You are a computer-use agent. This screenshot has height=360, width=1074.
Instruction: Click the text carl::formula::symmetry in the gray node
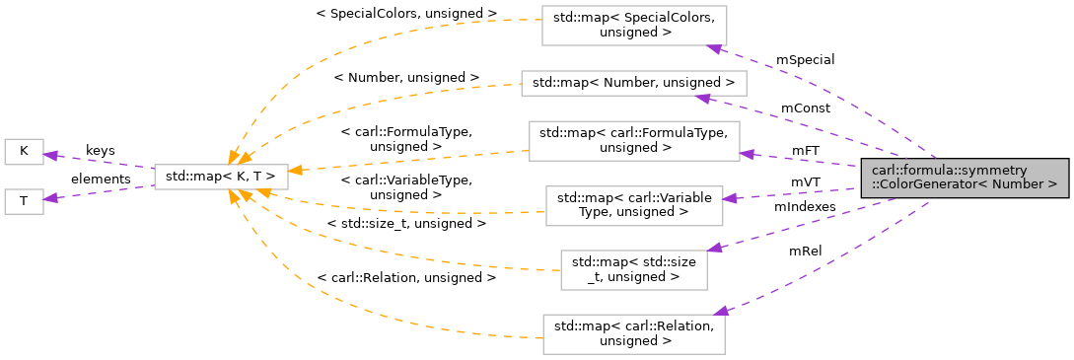(935, 171)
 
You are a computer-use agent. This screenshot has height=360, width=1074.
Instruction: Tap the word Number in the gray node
(1019, 184)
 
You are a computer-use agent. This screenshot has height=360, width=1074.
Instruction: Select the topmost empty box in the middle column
(634, 25)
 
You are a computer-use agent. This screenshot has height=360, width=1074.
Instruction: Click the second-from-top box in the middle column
(633, 83)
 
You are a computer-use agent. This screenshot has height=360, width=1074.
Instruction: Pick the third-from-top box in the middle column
(634, 141)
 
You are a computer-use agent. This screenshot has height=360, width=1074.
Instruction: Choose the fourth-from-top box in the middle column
(634, 205)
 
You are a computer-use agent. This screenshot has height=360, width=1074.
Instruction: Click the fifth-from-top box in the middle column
(633, 269)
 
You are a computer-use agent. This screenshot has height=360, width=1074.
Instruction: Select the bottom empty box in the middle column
(633, 334)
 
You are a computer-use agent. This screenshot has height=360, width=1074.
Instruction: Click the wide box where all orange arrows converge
(221, 177)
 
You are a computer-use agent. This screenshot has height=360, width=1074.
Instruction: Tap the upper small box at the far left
(24, 152)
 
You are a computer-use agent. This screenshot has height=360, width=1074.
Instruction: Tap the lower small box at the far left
(24, 201)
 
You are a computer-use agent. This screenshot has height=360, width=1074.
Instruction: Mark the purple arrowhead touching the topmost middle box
(714, 48)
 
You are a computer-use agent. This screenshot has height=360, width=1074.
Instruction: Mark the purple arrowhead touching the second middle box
(701, 97)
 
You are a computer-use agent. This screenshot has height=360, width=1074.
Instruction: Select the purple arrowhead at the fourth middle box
(729, 198)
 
